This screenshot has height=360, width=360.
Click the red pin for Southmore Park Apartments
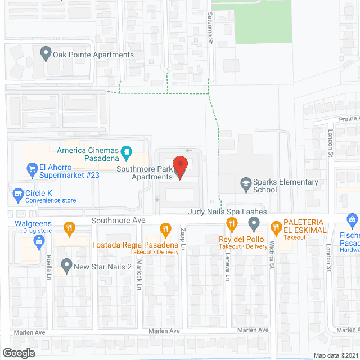[x=180, y=166]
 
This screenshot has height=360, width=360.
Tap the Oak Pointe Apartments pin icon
[x=46, y=55]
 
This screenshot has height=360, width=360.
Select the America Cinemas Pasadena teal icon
[x=127, y=151]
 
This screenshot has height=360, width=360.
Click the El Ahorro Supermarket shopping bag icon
[x=32, y=168]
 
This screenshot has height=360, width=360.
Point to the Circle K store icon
[x=17, y=195]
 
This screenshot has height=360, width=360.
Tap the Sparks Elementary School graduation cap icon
[x=245, y=183]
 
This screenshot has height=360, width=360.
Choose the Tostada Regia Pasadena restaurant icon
[x=165, y=229]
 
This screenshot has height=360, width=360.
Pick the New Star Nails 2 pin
[x=66, y=264]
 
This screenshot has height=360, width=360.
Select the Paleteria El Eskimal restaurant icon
[x=276, y=228]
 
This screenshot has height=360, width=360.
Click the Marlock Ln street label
[x=138, y=277]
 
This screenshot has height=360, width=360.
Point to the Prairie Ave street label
[x=348, y=119]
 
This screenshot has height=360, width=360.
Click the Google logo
[x=19, y=353]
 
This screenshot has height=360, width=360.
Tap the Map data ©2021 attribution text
[x=335, y=355]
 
